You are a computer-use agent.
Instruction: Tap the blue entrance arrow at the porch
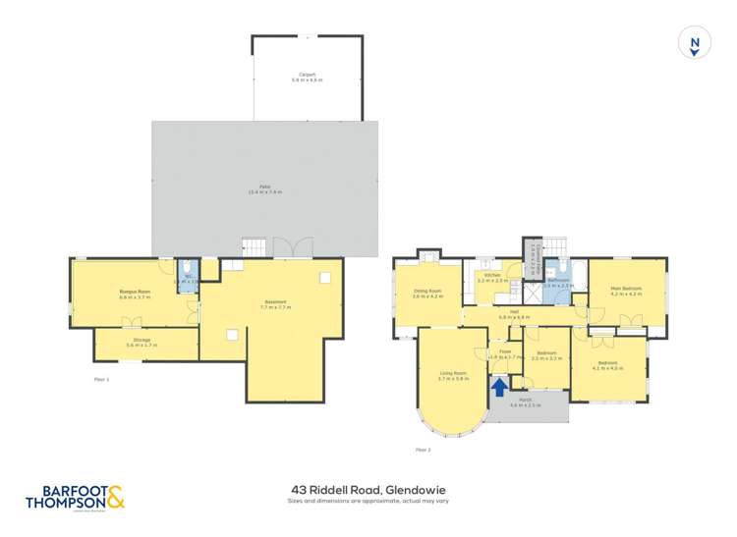point(498,386)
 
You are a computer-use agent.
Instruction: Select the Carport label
point(308,77)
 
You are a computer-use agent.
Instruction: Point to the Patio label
point(264,188)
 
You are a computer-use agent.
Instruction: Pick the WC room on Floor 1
point(188,277)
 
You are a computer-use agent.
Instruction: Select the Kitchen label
point(492,277)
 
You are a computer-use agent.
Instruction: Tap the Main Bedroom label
point(626,291)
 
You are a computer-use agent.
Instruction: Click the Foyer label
point(504,350)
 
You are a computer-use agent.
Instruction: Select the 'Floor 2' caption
point(423,450)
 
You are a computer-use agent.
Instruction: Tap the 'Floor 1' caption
point(101,378)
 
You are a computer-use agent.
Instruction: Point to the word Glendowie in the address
point(422,487)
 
